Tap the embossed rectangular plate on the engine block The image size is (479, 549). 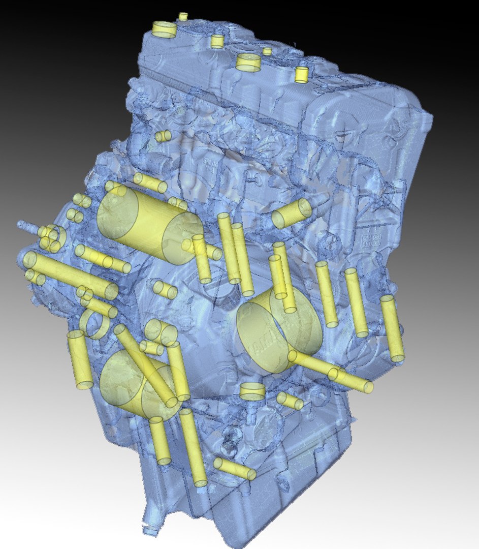(x=371, y=239)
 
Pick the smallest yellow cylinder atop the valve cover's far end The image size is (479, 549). (x=183, y=16)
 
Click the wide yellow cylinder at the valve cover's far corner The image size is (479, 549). (x=165, y=29)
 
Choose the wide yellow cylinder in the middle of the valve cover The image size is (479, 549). (x=248, y=62)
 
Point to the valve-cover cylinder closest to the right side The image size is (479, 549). (x=302, y=75)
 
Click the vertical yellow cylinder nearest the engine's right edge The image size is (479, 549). (x=392, y=328)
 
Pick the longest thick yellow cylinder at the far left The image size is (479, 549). (x=70, y=275)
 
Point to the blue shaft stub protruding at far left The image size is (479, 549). (x=25, y=225)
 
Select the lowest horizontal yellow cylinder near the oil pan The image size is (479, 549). (x=235, y=469)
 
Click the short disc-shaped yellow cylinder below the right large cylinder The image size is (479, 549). (x=252, y=391)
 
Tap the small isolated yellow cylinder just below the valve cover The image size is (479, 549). (x=163, y=136)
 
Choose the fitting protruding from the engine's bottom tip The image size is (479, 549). (x=149, y=529)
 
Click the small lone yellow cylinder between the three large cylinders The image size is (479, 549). (x=165, y=289)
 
